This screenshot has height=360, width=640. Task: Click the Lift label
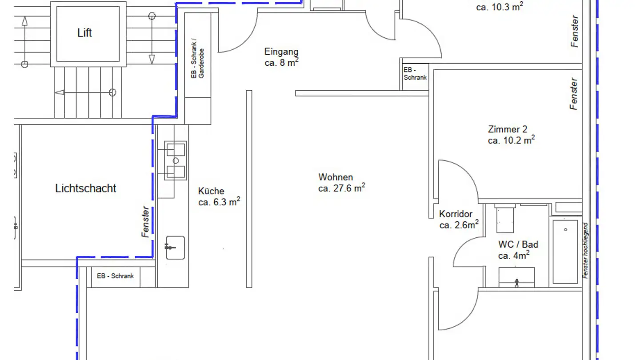[84, 33]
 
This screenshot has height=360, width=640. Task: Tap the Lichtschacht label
[85, 188]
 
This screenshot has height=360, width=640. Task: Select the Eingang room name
[281, 52]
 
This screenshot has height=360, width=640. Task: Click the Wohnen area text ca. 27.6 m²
[341, 188]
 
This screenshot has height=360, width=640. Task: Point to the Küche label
[211, 191]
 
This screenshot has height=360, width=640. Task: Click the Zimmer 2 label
[508, 129]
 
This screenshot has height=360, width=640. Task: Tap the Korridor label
[456, 214]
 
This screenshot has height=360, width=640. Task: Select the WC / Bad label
[518, 244]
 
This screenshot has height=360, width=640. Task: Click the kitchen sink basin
[175, 248]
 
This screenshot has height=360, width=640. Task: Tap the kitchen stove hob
[176, 160]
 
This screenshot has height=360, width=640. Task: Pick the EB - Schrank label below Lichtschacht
[115, 276]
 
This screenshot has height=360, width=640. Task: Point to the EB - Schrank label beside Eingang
[415, 73]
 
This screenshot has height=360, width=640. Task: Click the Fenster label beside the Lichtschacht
[145, 222]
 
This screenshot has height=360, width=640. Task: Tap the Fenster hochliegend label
[585, 251]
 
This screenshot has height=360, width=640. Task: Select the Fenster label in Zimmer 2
[574, 94]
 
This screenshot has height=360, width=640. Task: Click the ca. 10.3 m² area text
[500, 7]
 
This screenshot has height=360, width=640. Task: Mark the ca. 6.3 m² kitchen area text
[219, 202]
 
